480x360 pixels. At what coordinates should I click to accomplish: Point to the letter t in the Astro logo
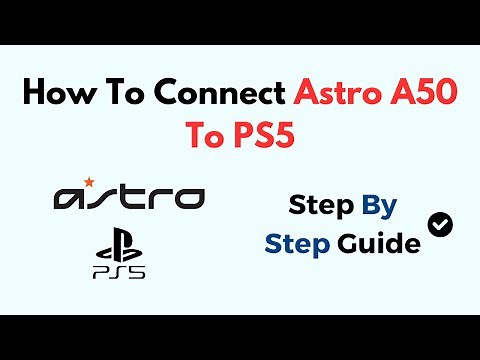tap(130, 196)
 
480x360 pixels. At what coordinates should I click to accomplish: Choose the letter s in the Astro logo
tap(102, 197)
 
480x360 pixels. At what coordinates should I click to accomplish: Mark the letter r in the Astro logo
tap(158, 197)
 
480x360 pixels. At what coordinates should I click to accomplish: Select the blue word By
tap(380, 207)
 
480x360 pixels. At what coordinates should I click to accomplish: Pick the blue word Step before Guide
tap(296, 242)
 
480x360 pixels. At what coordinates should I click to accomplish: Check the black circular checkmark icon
tap(439, 224)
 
